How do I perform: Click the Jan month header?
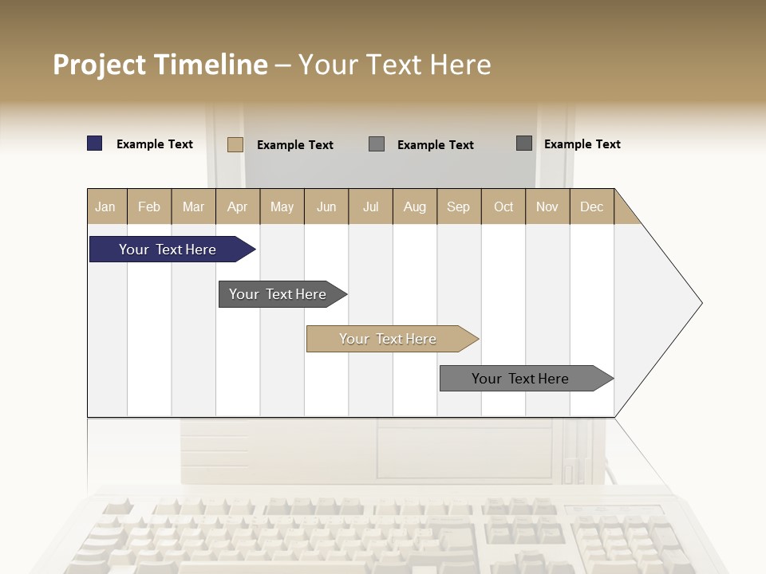tap(105, 206)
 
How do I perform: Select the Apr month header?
tap(238, 206)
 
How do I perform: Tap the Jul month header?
tap(370, 206)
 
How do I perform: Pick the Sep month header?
tap(458, 206)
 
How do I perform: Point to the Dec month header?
tap(591, 206)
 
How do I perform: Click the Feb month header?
tap(149, 206)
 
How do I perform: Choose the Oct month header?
tap(503, 206)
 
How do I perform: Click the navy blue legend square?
tap(95, 143)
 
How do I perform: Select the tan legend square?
tap(235, 144)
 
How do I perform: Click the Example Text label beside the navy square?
tap(155, 144)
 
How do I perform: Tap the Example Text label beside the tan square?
tap(295, 145)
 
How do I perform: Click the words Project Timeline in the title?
tap(160, 65)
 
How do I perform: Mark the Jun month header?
tap(326, 206)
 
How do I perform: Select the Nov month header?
tap(547, 206)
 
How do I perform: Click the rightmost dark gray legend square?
tap(524, 143)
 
